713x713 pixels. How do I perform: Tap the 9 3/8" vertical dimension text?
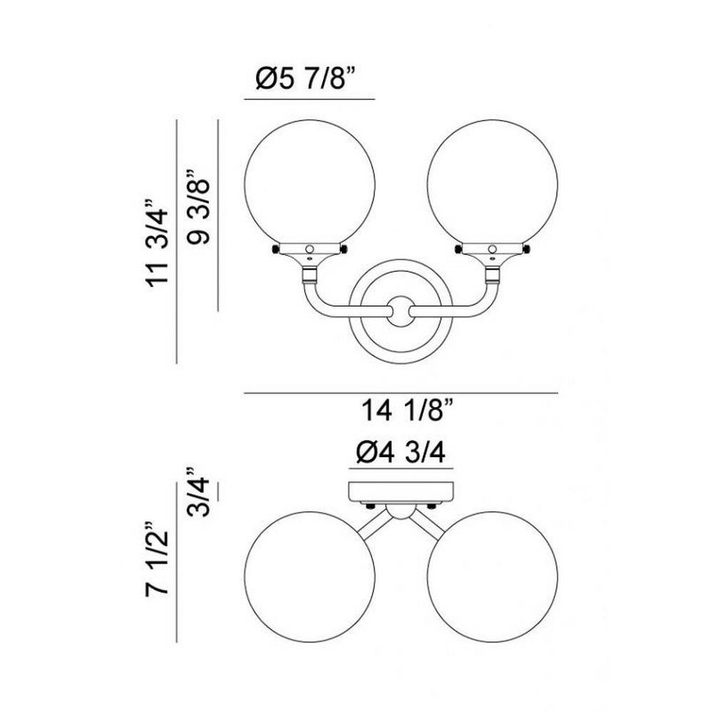point(199,207)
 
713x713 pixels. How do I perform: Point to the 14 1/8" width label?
point(407,410)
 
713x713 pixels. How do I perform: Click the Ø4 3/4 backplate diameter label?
point(401,452)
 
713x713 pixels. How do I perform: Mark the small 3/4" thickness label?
point(199,491)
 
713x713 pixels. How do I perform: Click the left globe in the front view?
point(309,185)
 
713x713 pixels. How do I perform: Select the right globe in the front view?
point(493,185)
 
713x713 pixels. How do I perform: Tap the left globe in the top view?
point(309,577)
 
